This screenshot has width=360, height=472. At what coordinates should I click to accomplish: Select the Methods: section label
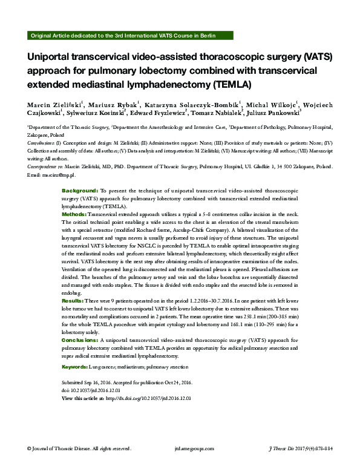74,215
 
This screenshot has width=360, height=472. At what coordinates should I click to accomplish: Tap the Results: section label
73,301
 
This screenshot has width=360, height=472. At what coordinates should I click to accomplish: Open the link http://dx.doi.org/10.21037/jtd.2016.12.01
148,399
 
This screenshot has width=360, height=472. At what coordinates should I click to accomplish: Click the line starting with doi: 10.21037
87,392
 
